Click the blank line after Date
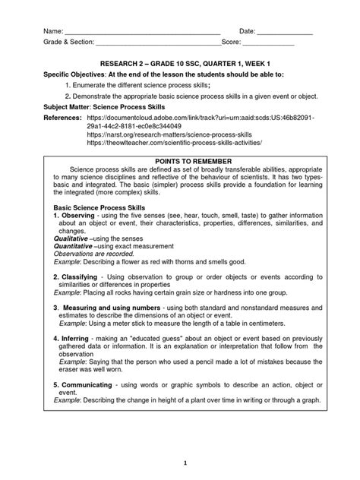[x=285, y=31]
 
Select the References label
[x=61, y=120]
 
